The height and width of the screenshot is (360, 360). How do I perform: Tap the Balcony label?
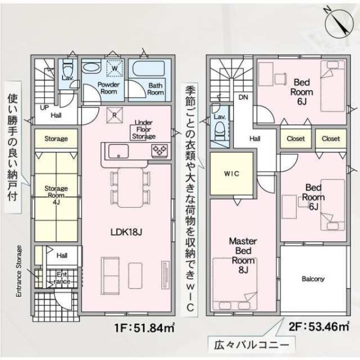pos(313,279)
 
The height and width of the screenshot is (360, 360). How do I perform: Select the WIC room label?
pos(232,173)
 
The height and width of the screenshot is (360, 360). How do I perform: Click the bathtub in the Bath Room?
pos(150,68)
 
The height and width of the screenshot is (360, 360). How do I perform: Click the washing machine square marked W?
pos(115,68)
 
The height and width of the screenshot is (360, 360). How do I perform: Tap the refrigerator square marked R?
pos(115,115)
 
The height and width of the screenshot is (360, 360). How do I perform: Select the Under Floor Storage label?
pos(144,130)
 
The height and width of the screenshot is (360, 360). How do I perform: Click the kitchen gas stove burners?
pos(160,151)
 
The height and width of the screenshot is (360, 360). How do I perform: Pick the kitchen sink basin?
pos(118,151)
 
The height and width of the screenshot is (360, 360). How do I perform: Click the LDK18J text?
pos(126,232)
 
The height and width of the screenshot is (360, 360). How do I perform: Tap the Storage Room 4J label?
pos(56,195)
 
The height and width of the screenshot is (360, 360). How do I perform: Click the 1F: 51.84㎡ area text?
pos(145,328)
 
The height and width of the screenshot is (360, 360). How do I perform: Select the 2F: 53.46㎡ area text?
pos(319,326)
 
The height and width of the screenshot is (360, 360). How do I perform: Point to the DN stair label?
pos(243,97)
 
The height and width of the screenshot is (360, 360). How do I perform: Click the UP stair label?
pos(44,107)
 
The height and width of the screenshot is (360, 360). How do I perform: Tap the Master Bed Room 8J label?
pos(243,256)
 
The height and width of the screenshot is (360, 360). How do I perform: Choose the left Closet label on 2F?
pos(296,139)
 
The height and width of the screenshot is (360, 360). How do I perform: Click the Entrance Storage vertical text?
pos(19,271)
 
